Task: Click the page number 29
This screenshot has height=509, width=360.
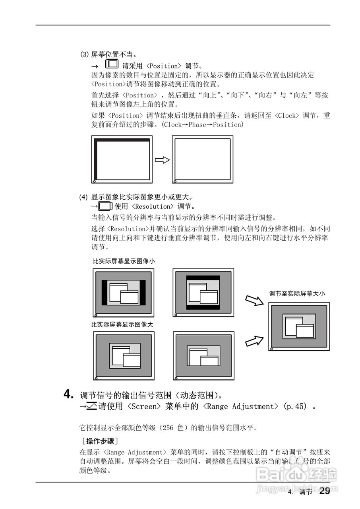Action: point(325,491)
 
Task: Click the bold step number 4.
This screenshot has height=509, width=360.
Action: point(69,394)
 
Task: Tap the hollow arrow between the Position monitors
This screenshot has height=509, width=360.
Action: point(162,160)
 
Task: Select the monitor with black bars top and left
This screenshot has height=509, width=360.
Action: point(122,159)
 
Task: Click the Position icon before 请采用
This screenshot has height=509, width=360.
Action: point(112,64)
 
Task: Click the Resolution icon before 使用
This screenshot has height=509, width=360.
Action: point(105,206)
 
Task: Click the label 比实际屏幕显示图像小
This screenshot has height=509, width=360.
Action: point(124,261)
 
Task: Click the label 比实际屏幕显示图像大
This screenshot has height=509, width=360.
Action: point(122,324)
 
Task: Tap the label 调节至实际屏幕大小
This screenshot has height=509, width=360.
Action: point(297,294)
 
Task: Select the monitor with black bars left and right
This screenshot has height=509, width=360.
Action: point(123,292)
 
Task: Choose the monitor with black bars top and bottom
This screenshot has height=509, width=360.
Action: point(203,292)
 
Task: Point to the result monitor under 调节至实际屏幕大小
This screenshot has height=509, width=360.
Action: point(299,326)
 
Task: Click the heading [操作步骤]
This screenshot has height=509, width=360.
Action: point(99,441)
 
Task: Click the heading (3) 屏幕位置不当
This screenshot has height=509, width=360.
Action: point(109,54)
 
